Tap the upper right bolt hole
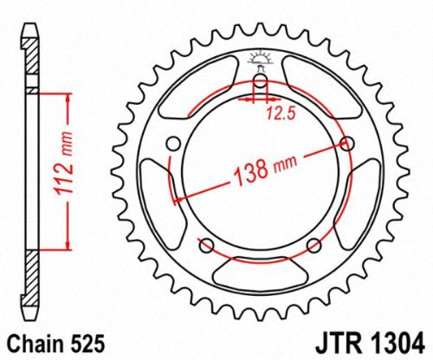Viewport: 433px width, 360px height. (x=349, y=144)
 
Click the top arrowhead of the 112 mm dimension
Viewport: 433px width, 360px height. (x=64, y=93)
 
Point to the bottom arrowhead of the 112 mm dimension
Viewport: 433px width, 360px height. (x=64, y=243)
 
